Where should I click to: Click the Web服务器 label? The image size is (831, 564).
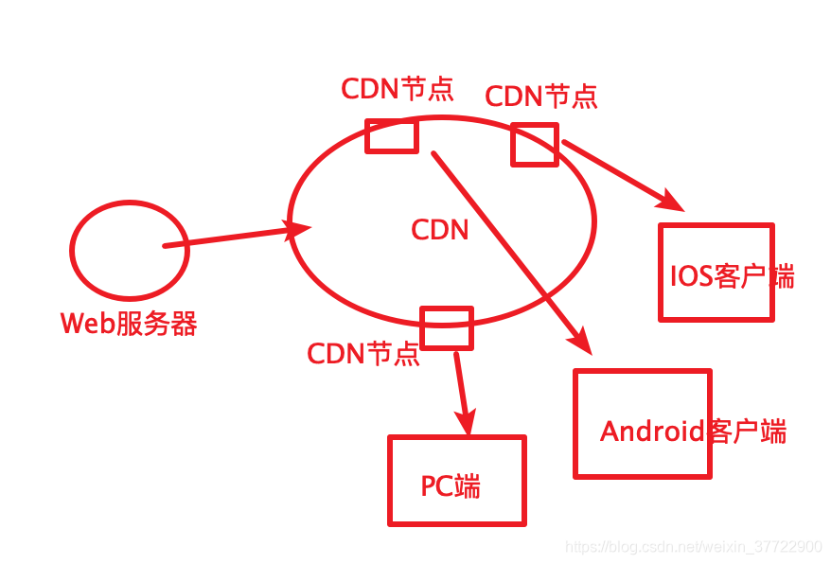tap(129, 324)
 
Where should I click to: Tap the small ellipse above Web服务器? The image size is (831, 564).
tap(129, 248)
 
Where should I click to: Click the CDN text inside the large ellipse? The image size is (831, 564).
tap(440, 230)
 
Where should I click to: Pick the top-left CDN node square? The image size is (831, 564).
tap(391, 135)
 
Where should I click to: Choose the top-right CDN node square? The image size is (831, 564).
tap(535, 144)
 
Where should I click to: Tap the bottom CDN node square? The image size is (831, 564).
tap(446, 327)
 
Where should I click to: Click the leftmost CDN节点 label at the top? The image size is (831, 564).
tap(398, 89)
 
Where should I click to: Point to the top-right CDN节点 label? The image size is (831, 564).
tap(540, 96)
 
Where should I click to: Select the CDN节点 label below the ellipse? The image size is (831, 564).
tap(363, 354)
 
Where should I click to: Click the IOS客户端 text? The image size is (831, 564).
tap(732, 277)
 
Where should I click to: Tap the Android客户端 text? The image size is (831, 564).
tap(693, 432)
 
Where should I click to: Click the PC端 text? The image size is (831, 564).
tap(451, 486)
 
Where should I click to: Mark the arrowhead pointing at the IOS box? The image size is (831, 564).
tap(674, 200)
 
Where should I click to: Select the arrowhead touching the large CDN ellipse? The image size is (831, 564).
tap(300, 229)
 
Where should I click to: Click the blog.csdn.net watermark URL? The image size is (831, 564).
tap(693, 547)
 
